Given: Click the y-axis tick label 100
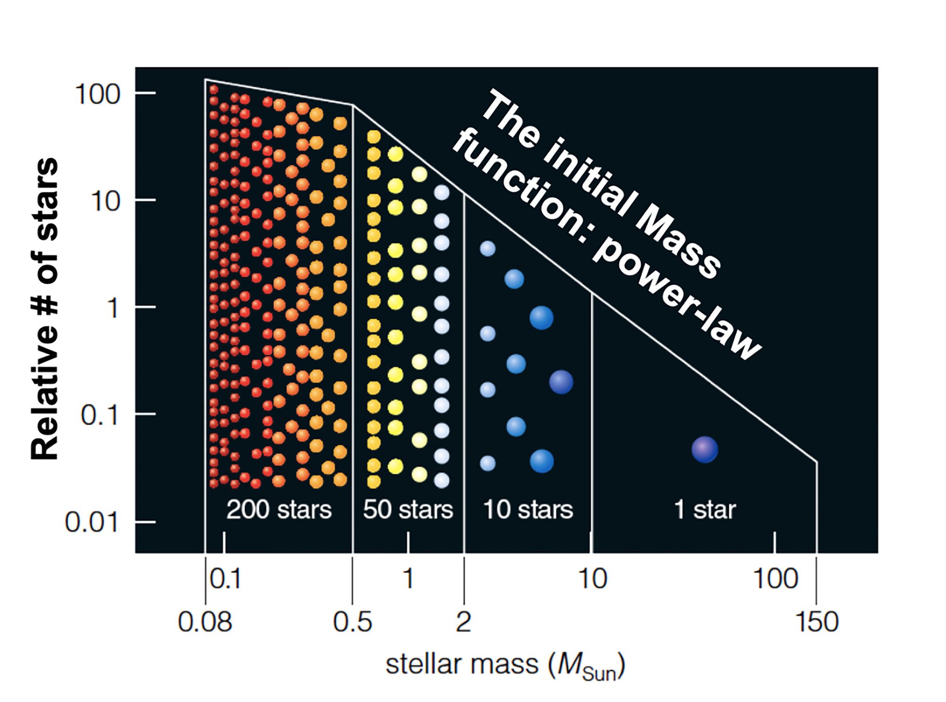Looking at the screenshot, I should tap(97, 95).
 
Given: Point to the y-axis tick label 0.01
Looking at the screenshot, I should tap(91, 522).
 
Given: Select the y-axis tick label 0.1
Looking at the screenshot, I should tap(99, 415).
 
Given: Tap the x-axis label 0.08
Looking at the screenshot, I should tap(205, 622).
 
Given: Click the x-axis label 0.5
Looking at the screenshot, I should tap(352, 622).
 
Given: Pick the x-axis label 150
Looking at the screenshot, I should tap(817, 622).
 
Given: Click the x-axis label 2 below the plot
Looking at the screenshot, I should tap(464, 622).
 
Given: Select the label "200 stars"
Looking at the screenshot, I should tap(279, 510).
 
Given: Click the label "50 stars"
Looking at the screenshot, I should tap(408, 510).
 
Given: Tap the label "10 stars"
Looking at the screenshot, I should tap(528, 510).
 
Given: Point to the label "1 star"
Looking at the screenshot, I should tap(704, 510).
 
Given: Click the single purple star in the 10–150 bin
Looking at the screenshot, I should tap(705, 449).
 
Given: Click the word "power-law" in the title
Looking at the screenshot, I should tap(676, 303).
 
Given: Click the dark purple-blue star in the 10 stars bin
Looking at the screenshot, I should tap(561, 382).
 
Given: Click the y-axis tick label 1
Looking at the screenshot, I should tap(113, 308).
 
